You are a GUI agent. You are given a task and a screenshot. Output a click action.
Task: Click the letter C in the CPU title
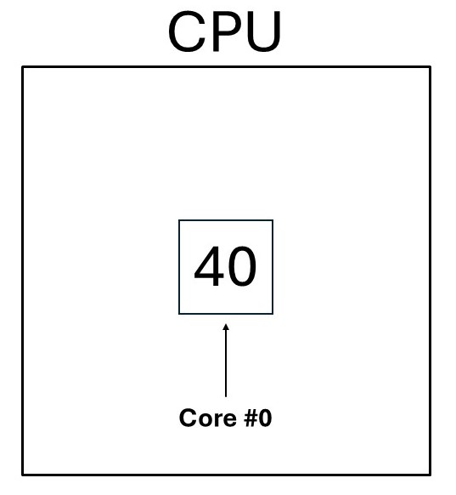(186, 31)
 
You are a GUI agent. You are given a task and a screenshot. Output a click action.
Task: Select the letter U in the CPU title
(262, 31)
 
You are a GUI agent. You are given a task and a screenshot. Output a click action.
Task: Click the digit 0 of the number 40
(242, 266)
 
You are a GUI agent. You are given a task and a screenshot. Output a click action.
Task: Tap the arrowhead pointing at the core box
(226, 327)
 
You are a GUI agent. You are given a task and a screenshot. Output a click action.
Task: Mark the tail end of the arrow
(226, 397)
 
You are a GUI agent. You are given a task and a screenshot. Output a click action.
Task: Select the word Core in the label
(208, 418)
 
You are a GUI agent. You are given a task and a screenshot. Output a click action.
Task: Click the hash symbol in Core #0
(251, 418)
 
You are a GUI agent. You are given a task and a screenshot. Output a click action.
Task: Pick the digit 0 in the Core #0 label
(265, 418)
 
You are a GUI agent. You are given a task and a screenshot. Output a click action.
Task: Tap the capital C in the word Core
(188, 418)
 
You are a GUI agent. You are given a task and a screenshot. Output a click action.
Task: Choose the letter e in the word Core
(230, 420)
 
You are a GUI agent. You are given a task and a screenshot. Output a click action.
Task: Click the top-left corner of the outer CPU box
(23, 67)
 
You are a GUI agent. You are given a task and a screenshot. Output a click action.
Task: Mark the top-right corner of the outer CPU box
(430, 67)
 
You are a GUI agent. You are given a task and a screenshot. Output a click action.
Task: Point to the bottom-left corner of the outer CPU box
(23, 475)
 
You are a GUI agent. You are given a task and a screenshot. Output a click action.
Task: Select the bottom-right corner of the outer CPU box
(430, 475)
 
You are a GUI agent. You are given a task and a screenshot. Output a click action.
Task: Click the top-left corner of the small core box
(179, 220)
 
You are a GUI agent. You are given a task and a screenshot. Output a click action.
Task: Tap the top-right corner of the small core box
(273, 220)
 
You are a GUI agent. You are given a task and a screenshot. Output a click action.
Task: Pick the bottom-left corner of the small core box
(179, 314)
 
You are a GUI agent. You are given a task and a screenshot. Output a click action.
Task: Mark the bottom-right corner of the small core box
(273, 314)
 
